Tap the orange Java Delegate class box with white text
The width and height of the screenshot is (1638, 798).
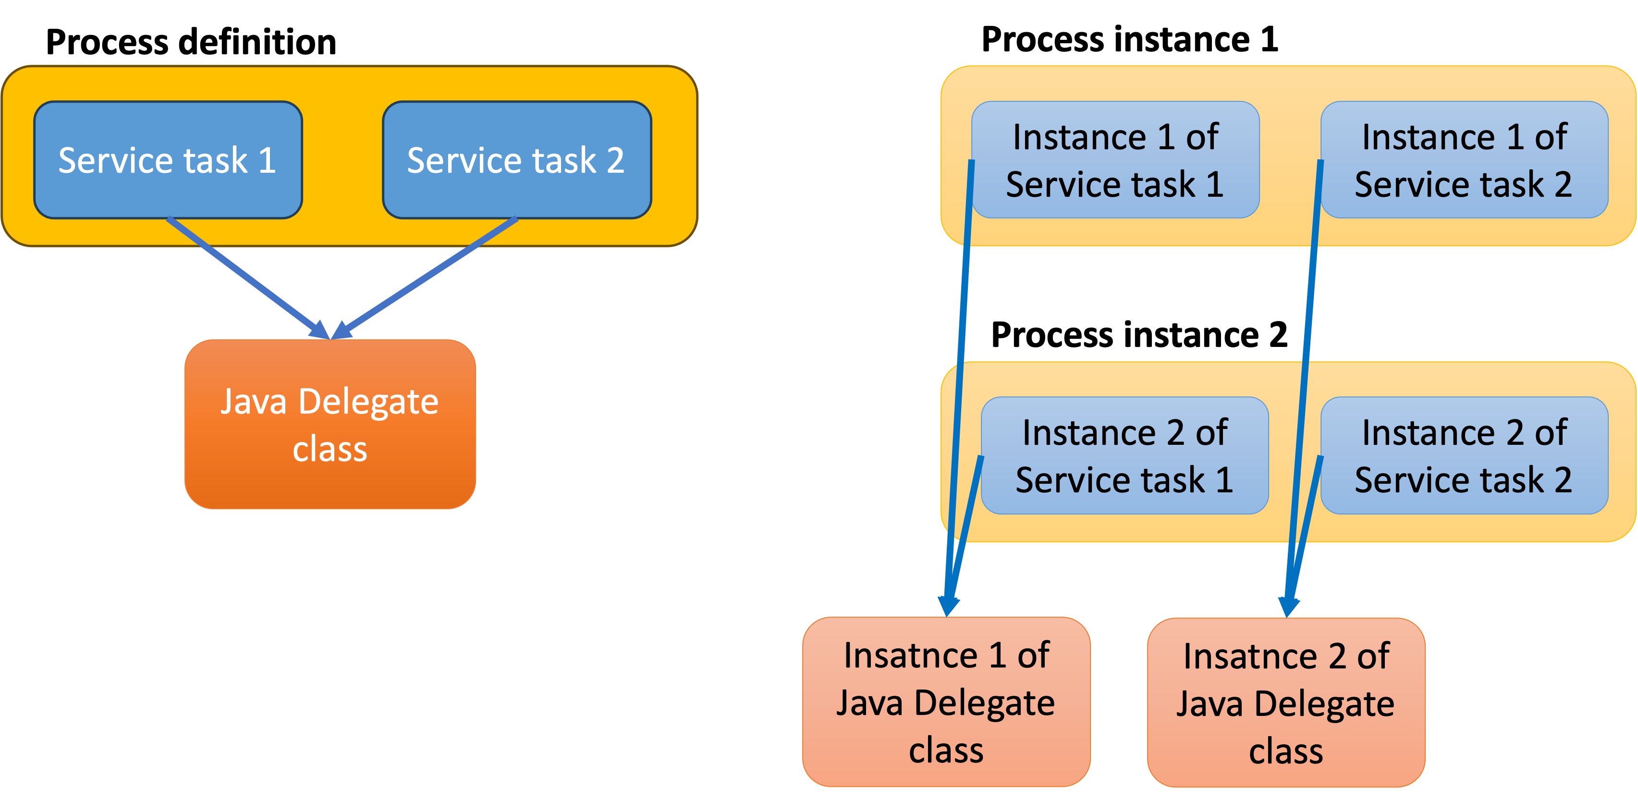[330, 424]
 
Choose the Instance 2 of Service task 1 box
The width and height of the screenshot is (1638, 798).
[1124, 455]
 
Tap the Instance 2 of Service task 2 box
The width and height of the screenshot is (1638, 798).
[1464, 455]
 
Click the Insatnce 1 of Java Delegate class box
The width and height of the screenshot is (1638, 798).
[946, 702]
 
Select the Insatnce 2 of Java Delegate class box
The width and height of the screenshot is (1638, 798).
[1286, 702]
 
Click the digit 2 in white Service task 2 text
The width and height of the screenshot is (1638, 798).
[614, 161]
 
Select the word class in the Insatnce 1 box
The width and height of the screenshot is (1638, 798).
[946, 750]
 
